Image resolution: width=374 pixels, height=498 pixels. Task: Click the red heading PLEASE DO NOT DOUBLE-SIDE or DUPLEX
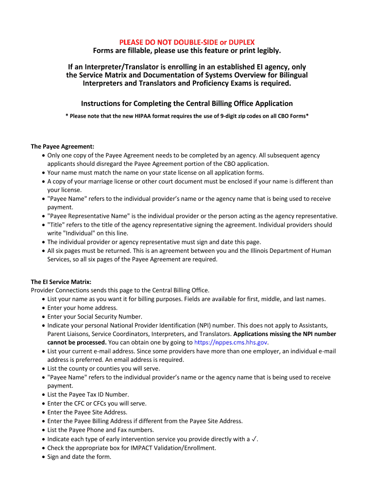pyautogui.click(x=187, y=42)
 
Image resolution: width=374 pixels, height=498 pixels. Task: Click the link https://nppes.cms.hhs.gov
pyautogui.click(x=231, y=342)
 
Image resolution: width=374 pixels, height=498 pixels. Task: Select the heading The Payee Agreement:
pyautogui.click(x=62, y=146)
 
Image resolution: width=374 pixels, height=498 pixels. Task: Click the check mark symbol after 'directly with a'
pyautogui.click(x=255, y=439)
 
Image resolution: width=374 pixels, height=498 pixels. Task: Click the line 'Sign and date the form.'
pyautogui.click(x=79, y=457)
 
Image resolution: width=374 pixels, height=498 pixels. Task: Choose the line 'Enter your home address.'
pyautogui.click(x=82, y=308)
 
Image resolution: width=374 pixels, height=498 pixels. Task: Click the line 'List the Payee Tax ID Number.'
pyautogui.click(x=88, y=394)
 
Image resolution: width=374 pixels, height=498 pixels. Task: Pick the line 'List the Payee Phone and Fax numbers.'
pyautogui.click(x=101, y=430)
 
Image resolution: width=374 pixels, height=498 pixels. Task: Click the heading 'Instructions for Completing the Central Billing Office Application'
pyautogui.click(x=187, y=104)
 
